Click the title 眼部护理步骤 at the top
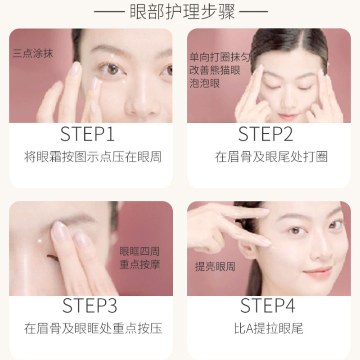pyautogui.click(x=183, y=12)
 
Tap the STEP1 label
pyautogui.click(x=87, y=134)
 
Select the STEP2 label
pyautogui.click(x=265, y=134)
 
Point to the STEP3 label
pyautogui.click(x=90, y=306)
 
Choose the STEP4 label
pyautogui.click(x=267, y=306)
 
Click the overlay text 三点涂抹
pyautogui.click(x=33, y=53)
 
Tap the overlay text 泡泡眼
pyautogui.click(x=205, y=83)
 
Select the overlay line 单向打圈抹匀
pyautogui.click(x=220, y=57)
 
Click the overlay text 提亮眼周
pyautogui.click(x=215, y=266)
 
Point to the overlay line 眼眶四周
pyautogui.click(x=139, y=251)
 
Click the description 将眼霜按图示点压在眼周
pyautogui.click(x=93, y=157)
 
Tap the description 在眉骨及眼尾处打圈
pyautogui.click(x=271, y=157)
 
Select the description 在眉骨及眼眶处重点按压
pyautogui.click(x=93, y=328)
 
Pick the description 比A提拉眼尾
pyautogui.click(x=268, y=328)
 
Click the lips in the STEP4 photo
pyautogui.click(x=318, y=273)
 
